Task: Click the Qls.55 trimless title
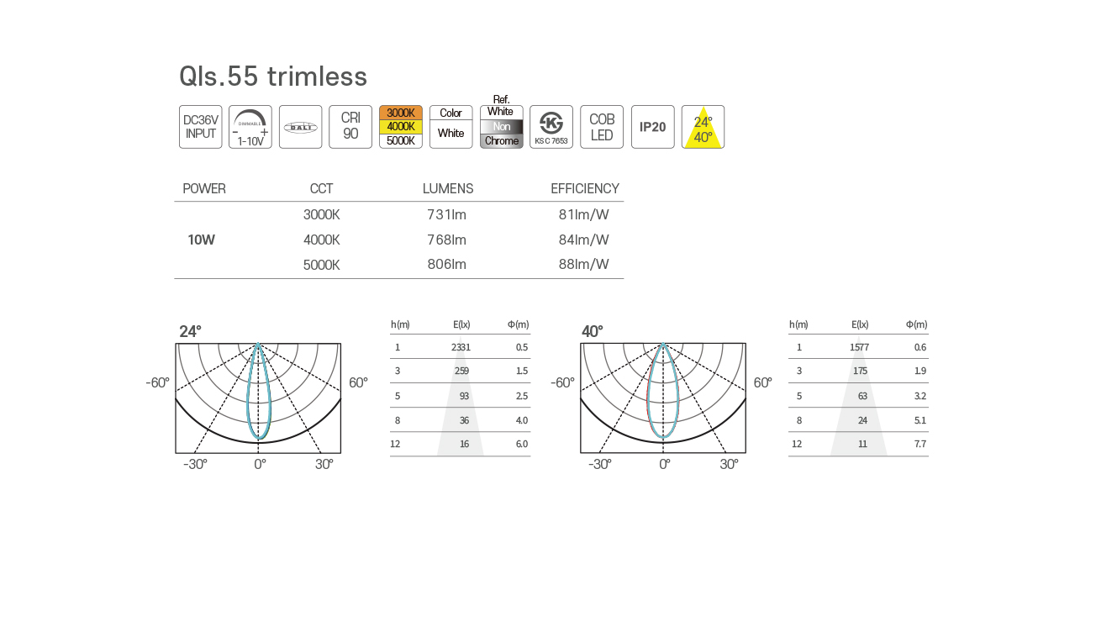(x=273, y=76)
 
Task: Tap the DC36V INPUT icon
(x=201, y=127)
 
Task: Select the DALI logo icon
(x=300, y=127)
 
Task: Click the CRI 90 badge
(x=350, y=127)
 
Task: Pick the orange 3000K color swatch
(x=401, y=113)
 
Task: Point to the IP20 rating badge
(x=653, y=127)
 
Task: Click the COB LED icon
(x=602, y=127)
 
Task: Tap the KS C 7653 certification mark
(x=551, y=127)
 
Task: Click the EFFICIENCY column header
(x=585, y=188)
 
